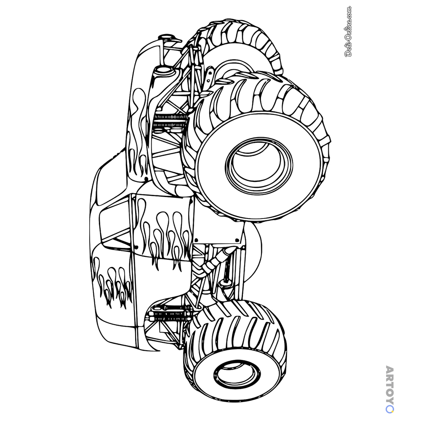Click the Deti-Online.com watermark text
[348, 32]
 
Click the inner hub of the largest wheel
[259, 164]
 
